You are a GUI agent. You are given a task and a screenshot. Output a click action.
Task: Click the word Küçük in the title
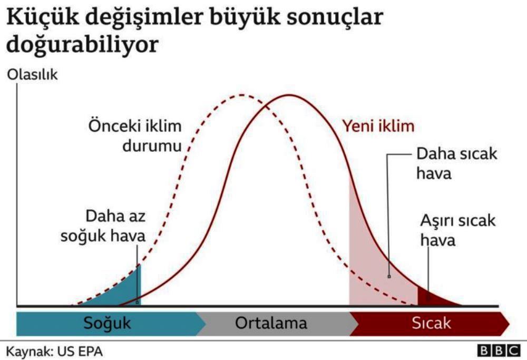42,17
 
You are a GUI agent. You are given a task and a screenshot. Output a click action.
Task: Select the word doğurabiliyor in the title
82,44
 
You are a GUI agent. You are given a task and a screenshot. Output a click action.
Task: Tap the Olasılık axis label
32,75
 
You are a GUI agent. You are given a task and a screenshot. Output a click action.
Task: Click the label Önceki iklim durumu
135,136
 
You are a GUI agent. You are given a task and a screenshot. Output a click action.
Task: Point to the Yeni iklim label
378,127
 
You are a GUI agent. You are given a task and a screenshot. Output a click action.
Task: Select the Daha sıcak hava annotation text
456,164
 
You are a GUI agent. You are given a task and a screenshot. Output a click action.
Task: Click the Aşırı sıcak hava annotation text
458,230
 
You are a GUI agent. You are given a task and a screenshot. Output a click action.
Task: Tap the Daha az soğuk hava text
103,226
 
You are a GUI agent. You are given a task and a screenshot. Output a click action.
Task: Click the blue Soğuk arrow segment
107,323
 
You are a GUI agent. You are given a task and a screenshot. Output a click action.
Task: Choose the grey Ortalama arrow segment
271,323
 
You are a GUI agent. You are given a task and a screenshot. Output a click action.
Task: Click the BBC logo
499,351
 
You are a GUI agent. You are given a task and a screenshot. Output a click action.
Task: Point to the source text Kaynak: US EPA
54,352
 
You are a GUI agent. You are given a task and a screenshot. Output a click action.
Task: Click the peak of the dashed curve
242,95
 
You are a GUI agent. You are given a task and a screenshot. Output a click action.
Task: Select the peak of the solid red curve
289,95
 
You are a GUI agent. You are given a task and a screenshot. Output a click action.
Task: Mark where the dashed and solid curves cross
266,106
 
